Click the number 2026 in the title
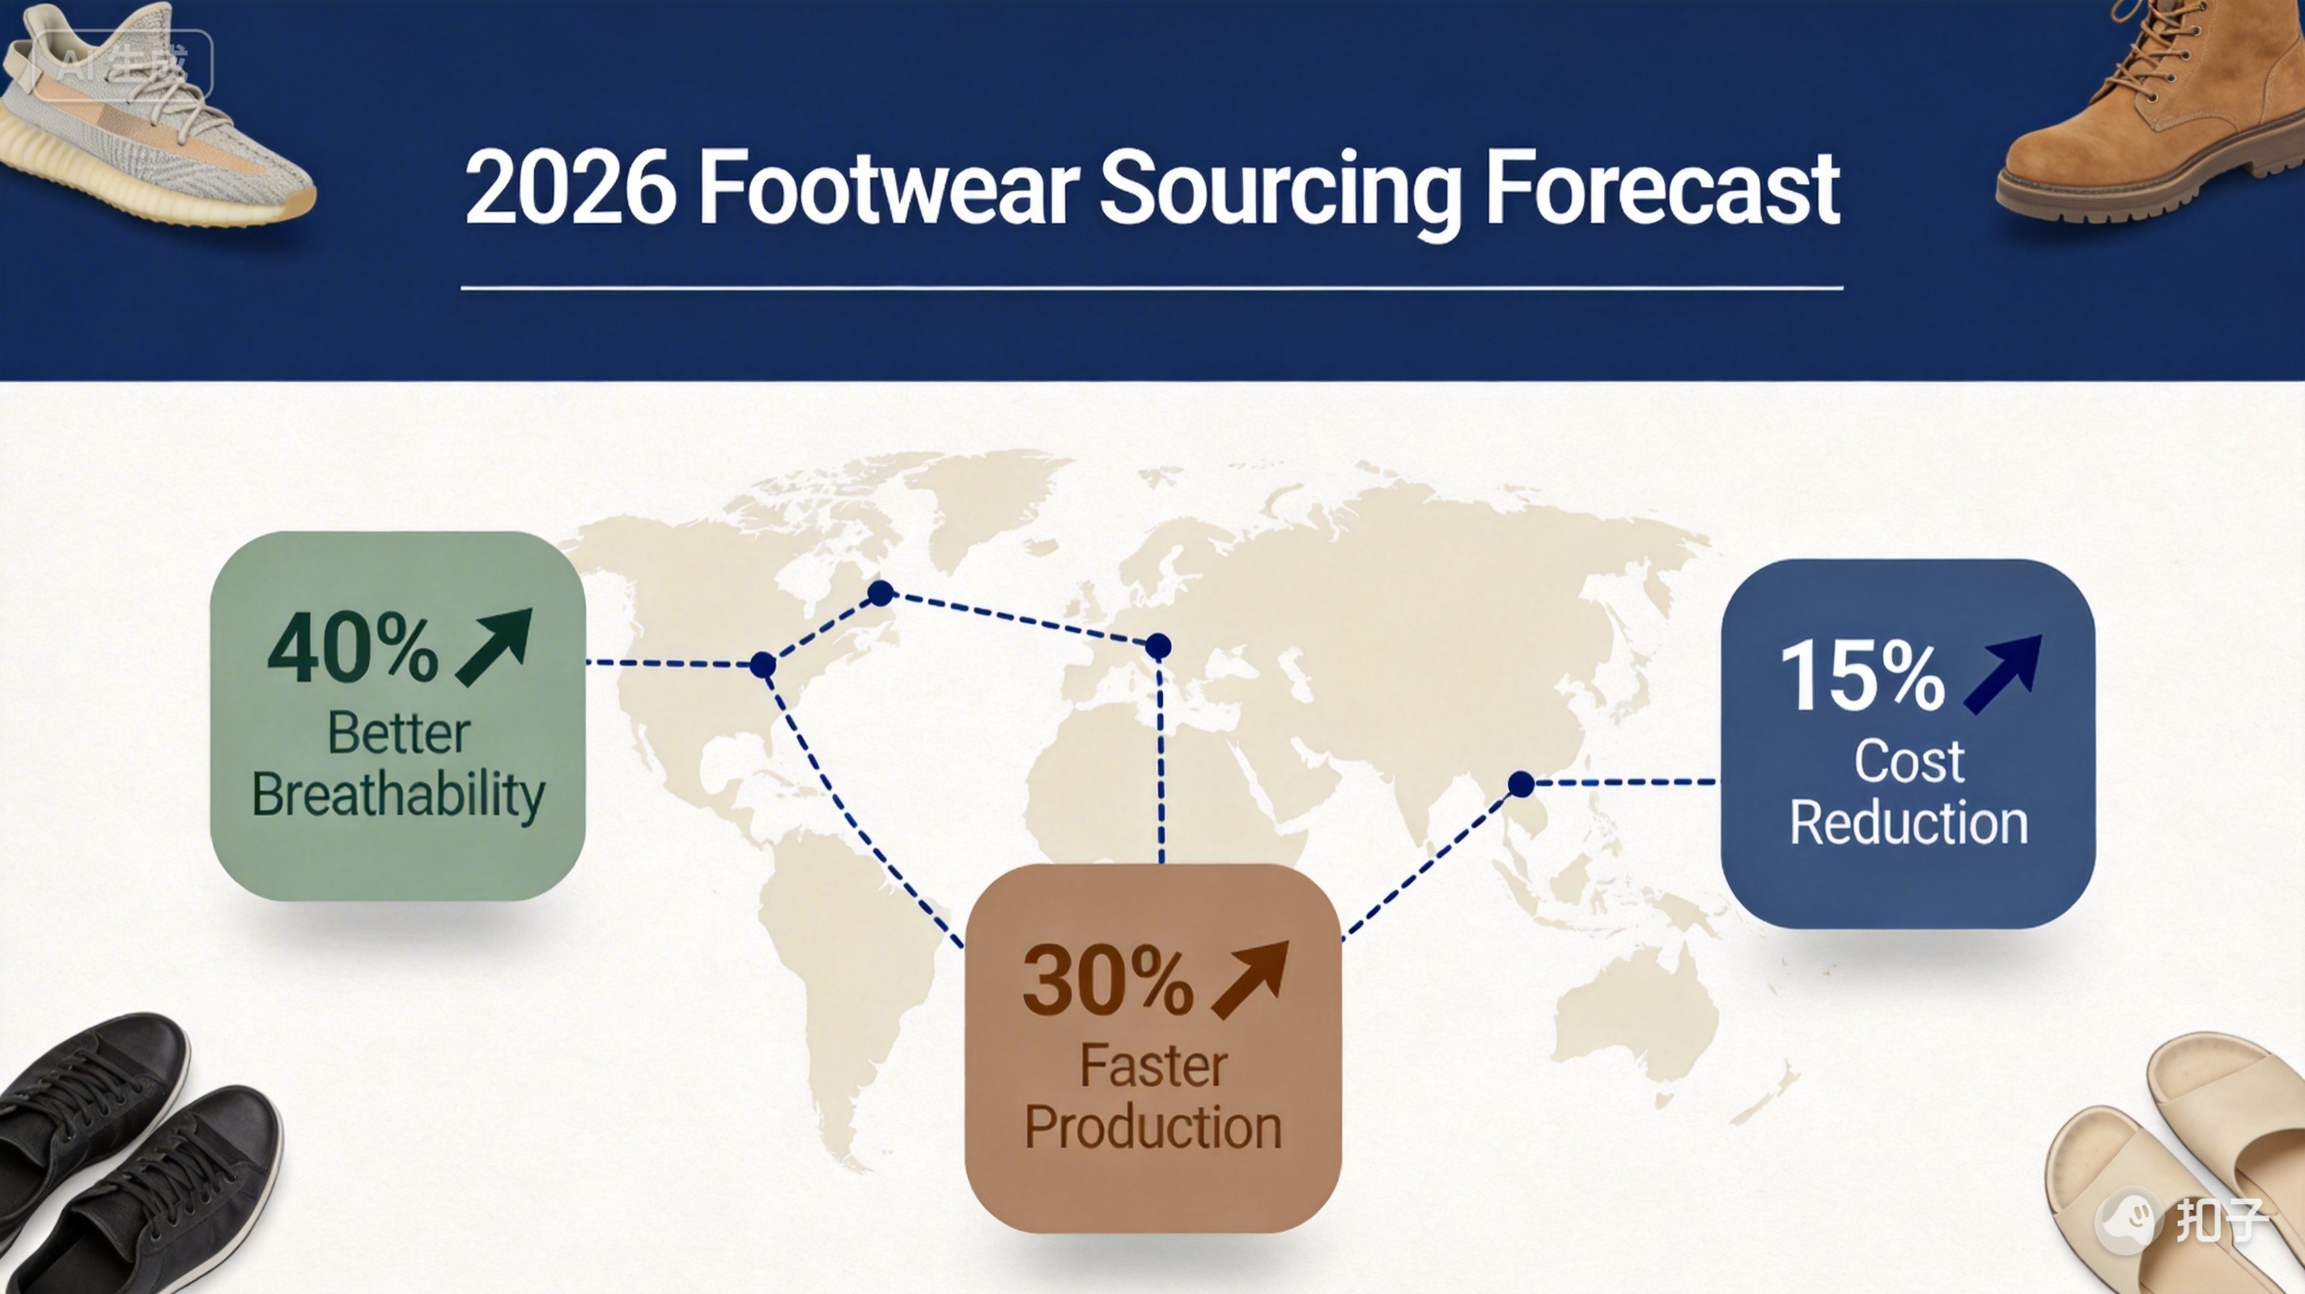coord(570,189)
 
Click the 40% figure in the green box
coord(354,649)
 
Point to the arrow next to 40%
coord(495,647)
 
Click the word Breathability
coord(398,795)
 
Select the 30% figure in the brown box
coord(1108,981)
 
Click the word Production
coord(1153,1126)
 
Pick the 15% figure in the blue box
coord(1862,676)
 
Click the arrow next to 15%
coord(2003,674)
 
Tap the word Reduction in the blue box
coord(1908,822)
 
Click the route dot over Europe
coord(1158,645)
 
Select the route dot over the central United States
coord(762,665)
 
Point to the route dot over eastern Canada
coord(881,592)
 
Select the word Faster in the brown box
coord(1152,1066)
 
